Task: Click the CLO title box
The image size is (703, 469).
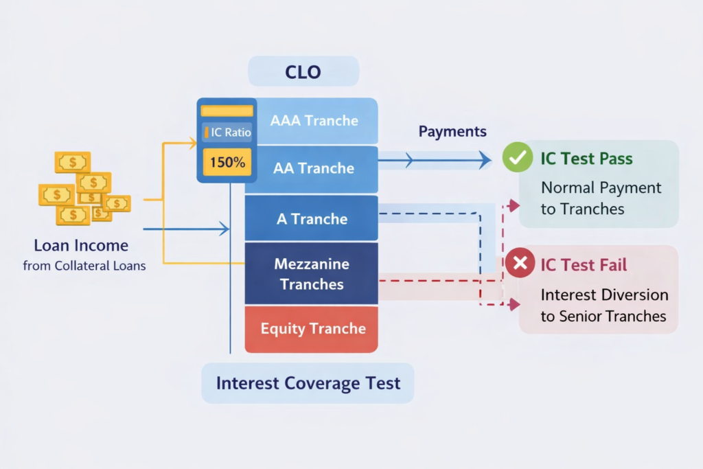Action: coord(303,71)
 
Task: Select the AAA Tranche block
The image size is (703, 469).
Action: coord(314,121)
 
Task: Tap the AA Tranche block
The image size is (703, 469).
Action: coord(314,168)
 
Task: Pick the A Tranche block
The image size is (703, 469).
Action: coord(312,219)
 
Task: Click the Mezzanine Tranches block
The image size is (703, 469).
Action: coord(312,273)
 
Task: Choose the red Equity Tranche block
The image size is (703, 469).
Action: coord(312,329)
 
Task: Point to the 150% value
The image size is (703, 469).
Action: coord(227,163)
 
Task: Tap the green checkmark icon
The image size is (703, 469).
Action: coord(516,158)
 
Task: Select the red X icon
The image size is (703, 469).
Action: coord(520,263)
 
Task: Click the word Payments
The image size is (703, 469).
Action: coord(452,132)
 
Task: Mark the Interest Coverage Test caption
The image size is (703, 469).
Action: coord(308,382)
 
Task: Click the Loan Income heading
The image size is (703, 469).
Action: coord(81,245)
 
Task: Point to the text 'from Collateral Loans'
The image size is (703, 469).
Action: coord(84,266)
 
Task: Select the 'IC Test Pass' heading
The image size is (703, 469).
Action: coord(586,159)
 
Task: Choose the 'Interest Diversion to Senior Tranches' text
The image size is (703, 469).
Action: coord(603,306)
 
